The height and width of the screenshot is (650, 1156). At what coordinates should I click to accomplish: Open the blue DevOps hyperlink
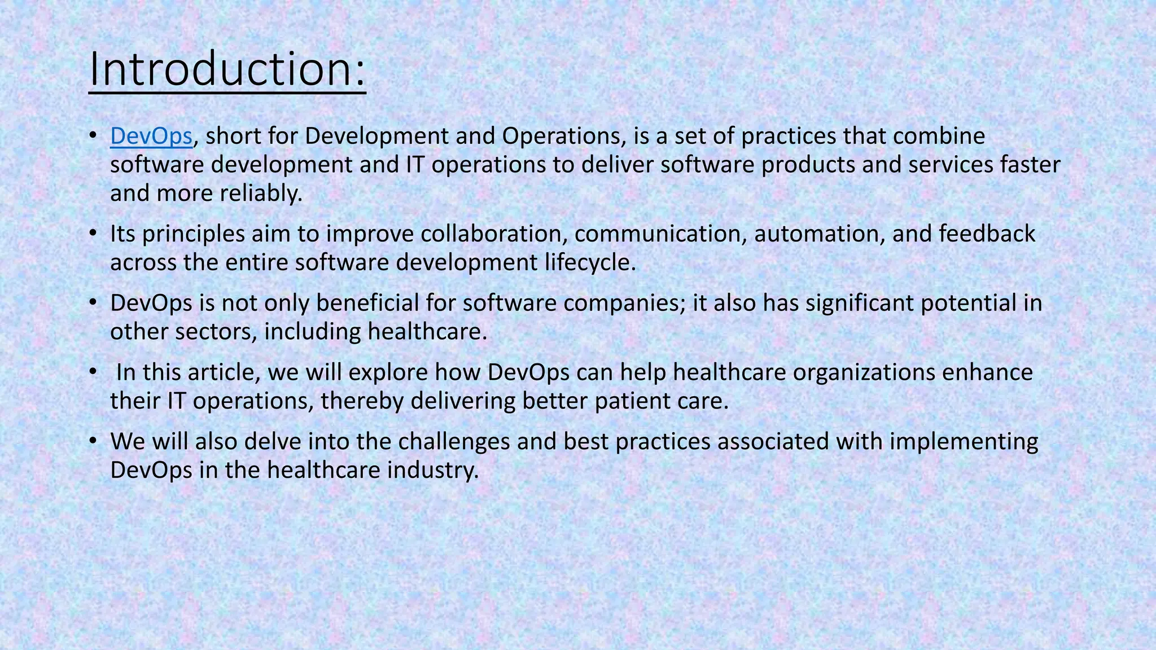coord(151,136)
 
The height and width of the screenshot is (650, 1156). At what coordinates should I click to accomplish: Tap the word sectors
coord(216,332)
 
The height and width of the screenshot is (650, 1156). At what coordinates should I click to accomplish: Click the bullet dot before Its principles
coord(94,234)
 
